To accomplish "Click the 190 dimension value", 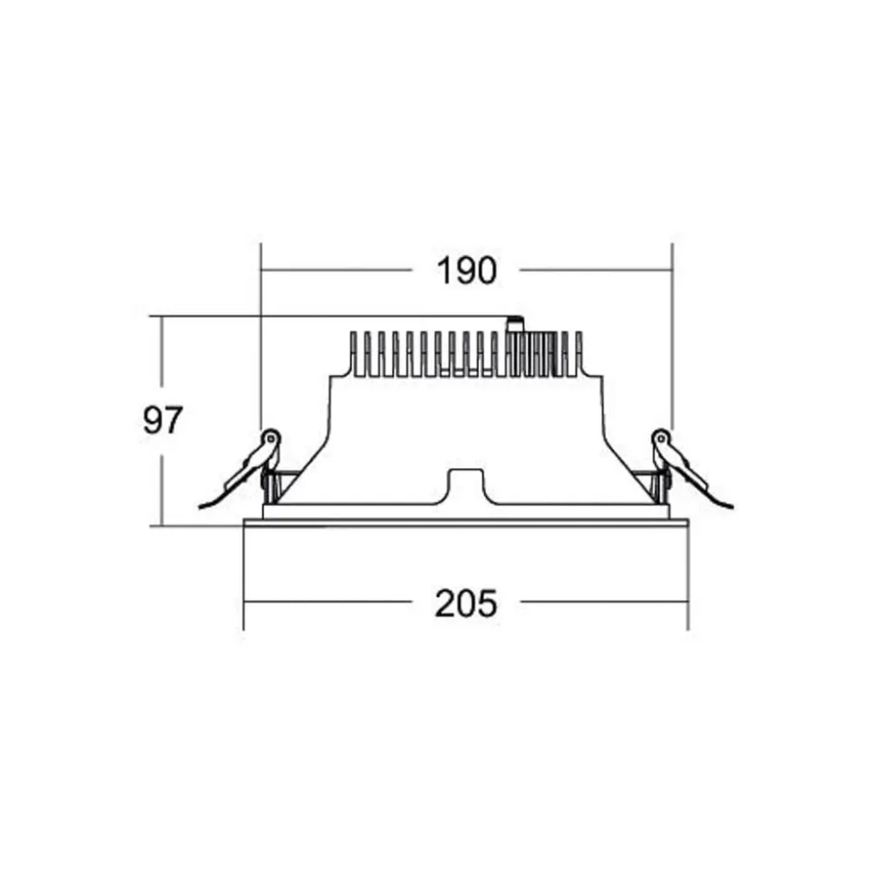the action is tap(466, 271).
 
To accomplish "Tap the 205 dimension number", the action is tap(466, 604).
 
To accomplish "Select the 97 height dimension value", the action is tap(163, 420).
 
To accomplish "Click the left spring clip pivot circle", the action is tap(272, 437).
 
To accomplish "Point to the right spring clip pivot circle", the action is tap(661, 437).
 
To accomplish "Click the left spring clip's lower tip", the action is tap(200, 508).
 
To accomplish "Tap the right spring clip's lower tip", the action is tap(731, 508).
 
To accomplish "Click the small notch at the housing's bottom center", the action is tap(465, 485).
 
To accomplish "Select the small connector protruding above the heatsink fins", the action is tap(514, 324).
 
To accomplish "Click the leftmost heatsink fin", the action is tap(353, 353).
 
